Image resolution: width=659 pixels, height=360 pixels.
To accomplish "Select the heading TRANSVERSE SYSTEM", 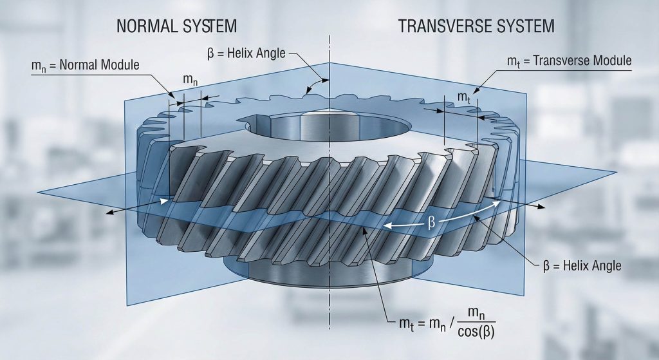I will coord(477,26).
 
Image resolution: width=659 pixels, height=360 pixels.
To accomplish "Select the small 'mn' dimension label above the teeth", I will coord(190,79).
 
